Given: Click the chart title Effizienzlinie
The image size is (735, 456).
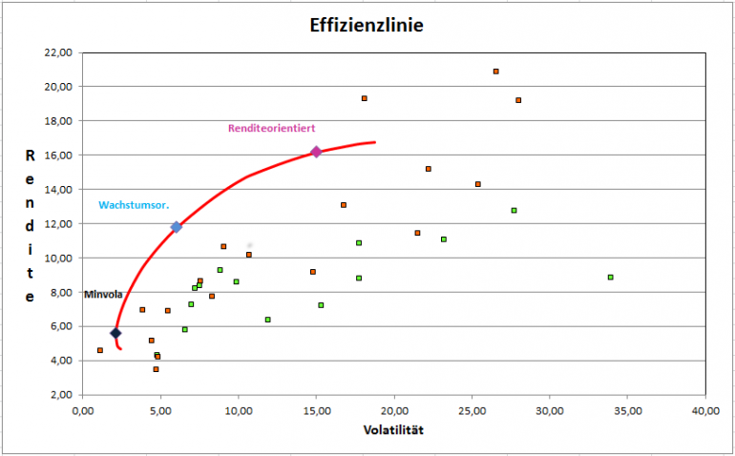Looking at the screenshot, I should (367, 25).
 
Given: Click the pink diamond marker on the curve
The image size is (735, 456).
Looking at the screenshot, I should (316, 152).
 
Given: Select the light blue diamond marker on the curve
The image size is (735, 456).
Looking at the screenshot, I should (176, 227).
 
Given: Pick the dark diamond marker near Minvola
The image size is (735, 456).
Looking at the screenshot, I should (115, 333).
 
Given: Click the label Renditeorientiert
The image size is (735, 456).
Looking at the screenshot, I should (271, 128).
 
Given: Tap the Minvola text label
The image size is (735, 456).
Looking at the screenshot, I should (102, 295).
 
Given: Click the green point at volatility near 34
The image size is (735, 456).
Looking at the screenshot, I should (610, 277).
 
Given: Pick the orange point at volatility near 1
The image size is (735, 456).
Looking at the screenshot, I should (100, 350).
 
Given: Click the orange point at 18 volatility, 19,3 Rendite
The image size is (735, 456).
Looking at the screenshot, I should (364, 98).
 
